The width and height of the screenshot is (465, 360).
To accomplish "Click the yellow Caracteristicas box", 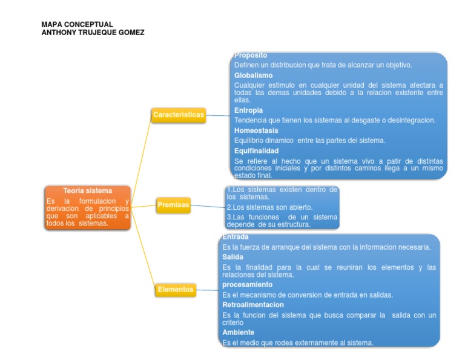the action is [x=178, y=115].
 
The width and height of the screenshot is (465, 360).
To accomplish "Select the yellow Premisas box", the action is [x=173, y=205].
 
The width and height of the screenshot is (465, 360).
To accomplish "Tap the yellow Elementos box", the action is [x=176, y=290].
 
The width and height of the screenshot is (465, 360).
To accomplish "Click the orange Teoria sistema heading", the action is [x=88, y=190].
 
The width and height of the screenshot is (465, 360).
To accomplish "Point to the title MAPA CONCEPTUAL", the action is [x=77, y=24].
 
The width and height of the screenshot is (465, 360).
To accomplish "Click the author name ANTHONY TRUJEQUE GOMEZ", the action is [x=93, y=32].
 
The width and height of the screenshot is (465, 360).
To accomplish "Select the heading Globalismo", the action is [x=253, y=75].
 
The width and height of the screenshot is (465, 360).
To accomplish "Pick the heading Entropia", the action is [x=248, y=110].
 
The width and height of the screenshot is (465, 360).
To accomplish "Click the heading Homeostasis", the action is [x=256, y=130].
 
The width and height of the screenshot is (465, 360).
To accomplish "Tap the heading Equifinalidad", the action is [x=256, y=150].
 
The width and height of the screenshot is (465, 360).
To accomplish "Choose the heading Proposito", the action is [x=251, y=56].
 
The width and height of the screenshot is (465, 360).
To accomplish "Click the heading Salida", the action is [x=232, y=257].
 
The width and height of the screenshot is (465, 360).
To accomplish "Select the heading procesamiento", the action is [x=247, y=284].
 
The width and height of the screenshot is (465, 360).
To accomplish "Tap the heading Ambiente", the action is [x=238, y=332].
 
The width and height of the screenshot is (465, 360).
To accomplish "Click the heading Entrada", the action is [x=236, y=237].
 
